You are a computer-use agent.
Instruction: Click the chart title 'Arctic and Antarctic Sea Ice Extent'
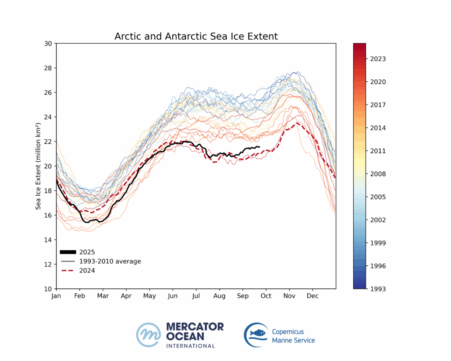pyautogui.click(x=196, y=36)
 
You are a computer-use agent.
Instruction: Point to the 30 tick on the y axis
pyautogui.click(x=48, y=44)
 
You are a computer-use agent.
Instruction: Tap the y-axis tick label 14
pyautogui.click(x=48, y=240)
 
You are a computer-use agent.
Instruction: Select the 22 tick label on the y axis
pyautogui.click(x=48, y=141)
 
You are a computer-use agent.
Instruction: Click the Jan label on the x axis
pyautogui.click(x=56, y=295)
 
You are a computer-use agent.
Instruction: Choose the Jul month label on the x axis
pyautogui.click(x=196, y=295)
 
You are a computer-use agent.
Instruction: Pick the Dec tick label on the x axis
pyautogui.click(x=313, y=295)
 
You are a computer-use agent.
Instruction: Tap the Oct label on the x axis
pyautogui.click(x=266, y=295)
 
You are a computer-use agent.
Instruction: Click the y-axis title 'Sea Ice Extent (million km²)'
pyautogui.click(x=38, y=166)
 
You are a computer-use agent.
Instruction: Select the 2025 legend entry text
pyautogui.click(x=87, y=252)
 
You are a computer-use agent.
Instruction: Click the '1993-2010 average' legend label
pyautogui.click(x=110, y=261)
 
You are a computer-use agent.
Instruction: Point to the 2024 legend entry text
pyautogui.click(x=87, y=271)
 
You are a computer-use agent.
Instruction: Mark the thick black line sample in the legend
pyautogui.click(x=68, y=252)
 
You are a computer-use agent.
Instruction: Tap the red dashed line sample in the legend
pyautogui.click(x=68, y=271)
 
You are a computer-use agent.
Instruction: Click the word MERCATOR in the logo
pyautogui.click(x=195, y=327)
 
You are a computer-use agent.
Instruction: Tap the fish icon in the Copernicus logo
pyautogui.click(x=258, y=333)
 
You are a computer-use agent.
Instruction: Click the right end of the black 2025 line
pyautogui.click(x=259, y=147)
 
